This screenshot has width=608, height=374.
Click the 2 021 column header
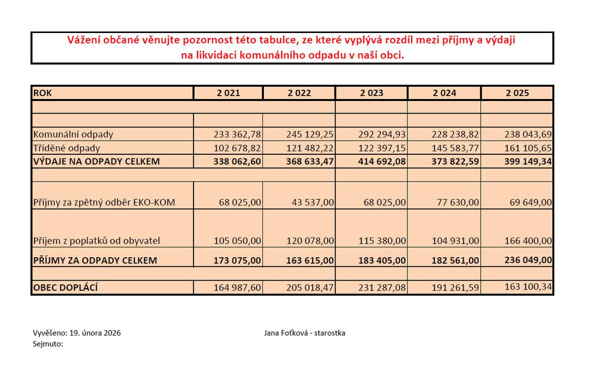229,93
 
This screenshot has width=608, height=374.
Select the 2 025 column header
517,93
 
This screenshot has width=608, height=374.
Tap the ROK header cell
43,93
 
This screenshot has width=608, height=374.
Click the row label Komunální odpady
73,134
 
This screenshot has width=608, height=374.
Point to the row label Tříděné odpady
66,148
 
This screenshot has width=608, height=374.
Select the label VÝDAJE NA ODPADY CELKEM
96,161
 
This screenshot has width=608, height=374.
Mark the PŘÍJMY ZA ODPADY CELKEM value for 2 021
236,260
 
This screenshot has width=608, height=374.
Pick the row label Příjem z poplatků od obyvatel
97,241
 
